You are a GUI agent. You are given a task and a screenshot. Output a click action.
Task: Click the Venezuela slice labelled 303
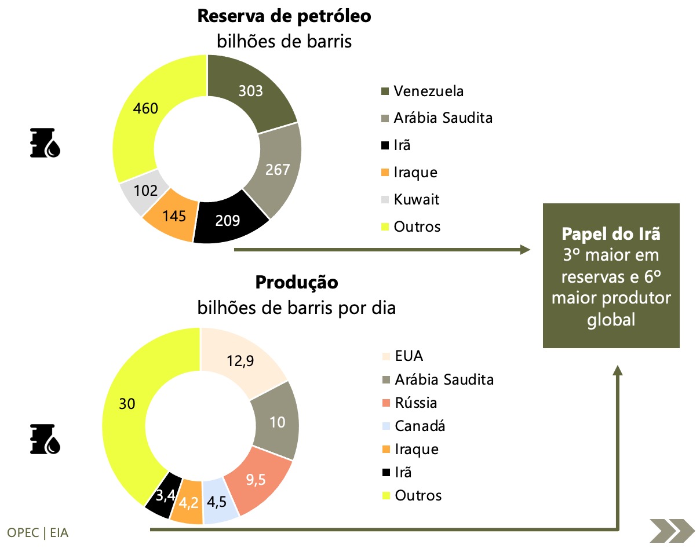(251, 91)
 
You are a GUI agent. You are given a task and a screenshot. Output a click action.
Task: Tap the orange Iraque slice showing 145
(174, 216)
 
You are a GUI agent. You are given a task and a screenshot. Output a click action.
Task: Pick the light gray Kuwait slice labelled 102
(145, 191)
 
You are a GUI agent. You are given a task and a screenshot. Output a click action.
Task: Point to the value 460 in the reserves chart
(145, 108)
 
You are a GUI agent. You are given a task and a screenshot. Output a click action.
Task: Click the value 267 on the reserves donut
(278, 169)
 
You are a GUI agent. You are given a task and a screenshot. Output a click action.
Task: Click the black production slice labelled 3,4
(164, 495)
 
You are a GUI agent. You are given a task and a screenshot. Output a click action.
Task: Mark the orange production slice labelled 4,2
(189, 502)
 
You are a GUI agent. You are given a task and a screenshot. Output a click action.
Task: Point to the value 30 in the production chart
(127, 404)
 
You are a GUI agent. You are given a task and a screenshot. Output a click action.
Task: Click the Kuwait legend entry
(416, 200)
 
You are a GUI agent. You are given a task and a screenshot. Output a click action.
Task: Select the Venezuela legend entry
(428, 91)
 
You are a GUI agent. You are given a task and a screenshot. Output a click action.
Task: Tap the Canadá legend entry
(420, 426)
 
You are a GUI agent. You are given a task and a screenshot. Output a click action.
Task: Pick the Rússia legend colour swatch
(385, 403)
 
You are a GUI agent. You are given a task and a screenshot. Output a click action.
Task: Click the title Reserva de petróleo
(284, 16)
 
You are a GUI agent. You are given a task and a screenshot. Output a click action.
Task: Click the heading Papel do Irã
(611, 235)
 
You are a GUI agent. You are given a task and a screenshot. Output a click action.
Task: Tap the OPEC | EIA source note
(38, 532)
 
